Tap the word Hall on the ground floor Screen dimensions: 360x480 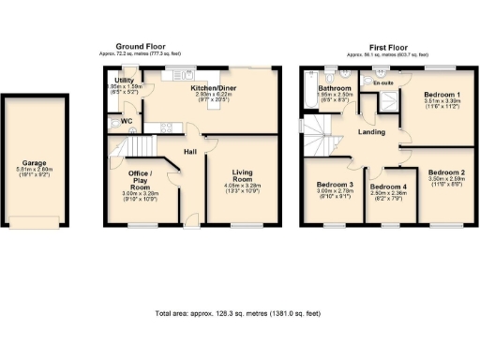[188, 152]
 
